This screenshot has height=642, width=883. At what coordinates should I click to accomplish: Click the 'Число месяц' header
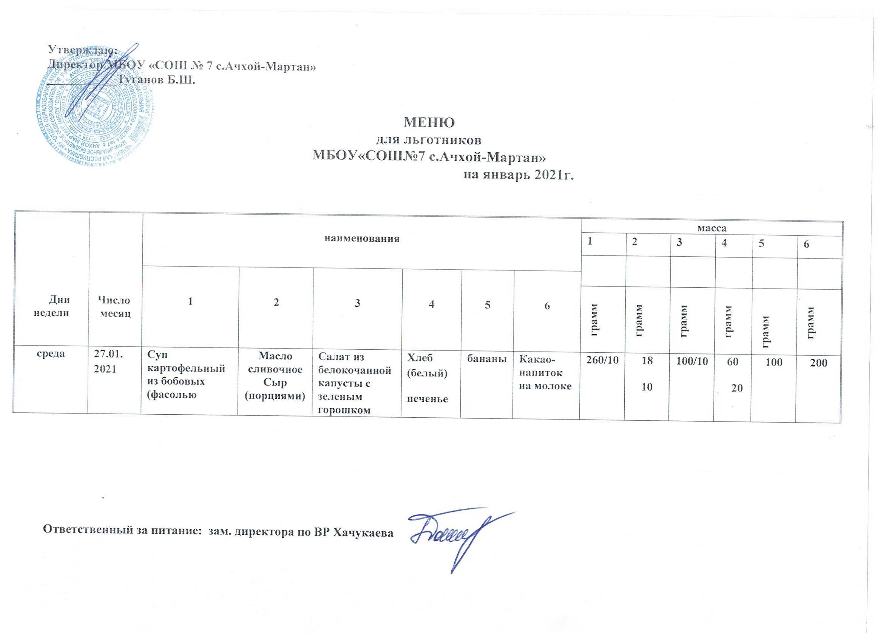pyautogui.click(x=115, y=306)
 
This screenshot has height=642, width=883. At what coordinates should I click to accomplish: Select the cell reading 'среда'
pyautogui.click(x=51, y=354)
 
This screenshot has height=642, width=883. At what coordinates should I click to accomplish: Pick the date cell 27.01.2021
pyautogui.click(x=108, y=363)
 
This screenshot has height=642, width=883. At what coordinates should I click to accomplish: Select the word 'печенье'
pyautogui.click(x=427, y=399)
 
